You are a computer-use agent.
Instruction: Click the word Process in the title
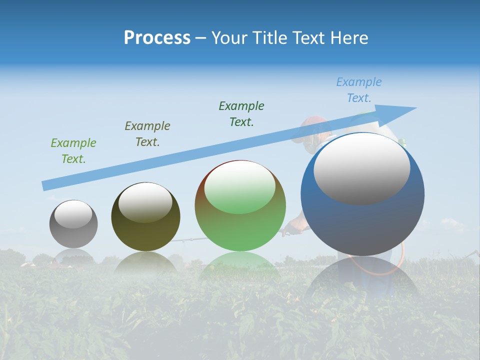tap(157, 38)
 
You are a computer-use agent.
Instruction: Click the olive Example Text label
tap(147, 134)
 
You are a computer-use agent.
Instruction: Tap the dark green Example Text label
tap(241, 114)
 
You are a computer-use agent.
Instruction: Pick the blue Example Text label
tap(359, 90)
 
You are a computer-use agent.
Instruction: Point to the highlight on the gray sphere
tap(73, 214)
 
